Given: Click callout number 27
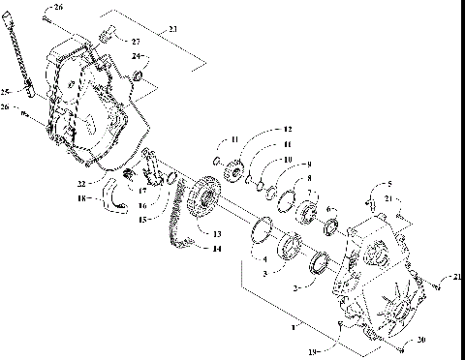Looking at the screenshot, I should click(136, 43).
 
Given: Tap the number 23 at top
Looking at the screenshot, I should click(172, 30).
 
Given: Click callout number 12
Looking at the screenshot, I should click(287, 129).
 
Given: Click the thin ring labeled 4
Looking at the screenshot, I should click(261, 232).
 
